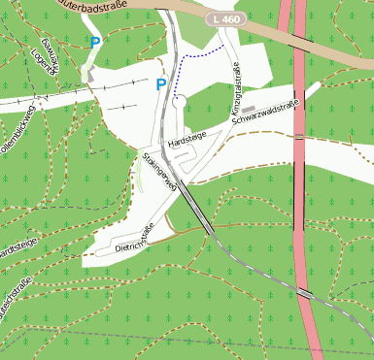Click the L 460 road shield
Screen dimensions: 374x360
227,19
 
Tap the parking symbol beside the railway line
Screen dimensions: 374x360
161,84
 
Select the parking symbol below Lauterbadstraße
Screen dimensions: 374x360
94,42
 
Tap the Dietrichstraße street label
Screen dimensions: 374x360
135,242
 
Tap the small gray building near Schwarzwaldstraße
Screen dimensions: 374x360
249,108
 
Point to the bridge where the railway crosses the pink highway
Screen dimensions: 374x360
305,292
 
